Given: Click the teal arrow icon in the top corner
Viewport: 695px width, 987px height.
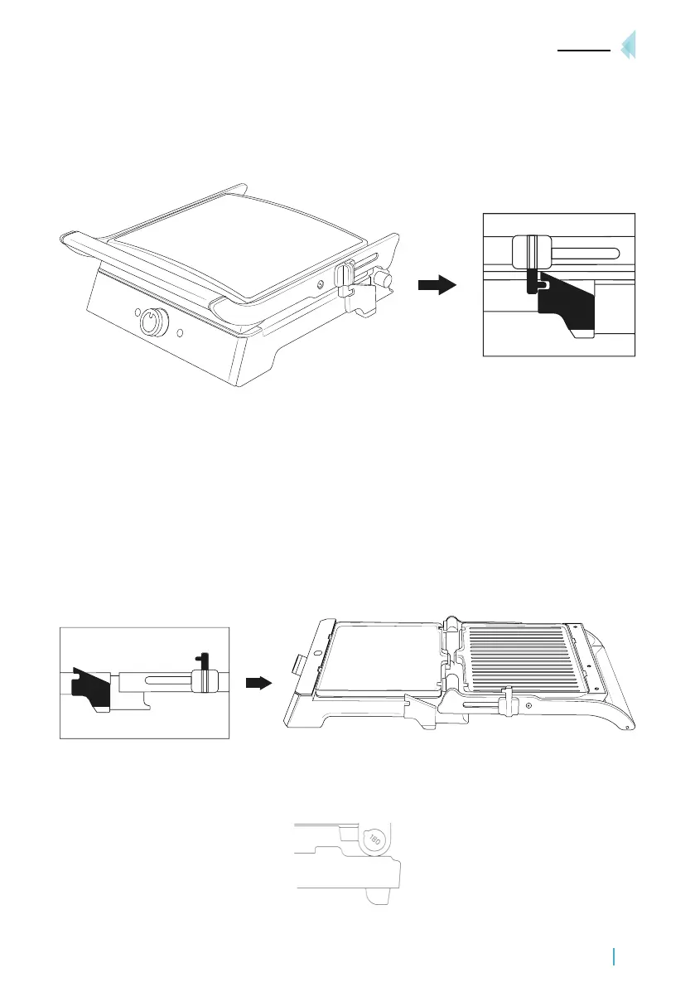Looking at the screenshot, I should click(629, 45).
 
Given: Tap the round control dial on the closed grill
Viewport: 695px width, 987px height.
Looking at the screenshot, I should click(152, 322).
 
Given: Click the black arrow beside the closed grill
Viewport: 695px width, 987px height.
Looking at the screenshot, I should click(437, 286).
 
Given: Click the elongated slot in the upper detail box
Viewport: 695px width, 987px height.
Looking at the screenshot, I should click(580, 251).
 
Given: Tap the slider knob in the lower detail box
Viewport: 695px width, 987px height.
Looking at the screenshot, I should click(199, 680).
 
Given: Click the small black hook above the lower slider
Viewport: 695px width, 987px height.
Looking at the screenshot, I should click(200, 660).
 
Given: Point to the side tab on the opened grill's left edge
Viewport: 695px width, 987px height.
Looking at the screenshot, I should click(296, 665).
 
